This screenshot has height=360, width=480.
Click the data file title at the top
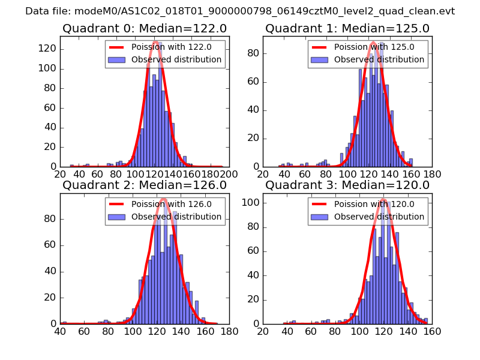tap(240, 11)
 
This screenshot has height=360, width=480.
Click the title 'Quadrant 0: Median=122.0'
tap(145, 28)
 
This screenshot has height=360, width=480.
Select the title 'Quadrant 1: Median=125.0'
tap(347, 28)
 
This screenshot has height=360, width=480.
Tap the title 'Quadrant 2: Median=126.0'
tap(145, 185)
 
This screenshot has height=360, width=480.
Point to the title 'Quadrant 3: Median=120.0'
tap(347, 185)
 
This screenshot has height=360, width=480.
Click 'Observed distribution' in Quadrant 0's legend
tap(176, 60)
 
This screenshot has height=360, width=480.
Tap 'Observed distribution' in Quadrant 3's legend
tap(379, 217)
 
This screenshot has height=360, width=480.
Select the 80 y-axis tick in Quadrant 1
tap(251, 53)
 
